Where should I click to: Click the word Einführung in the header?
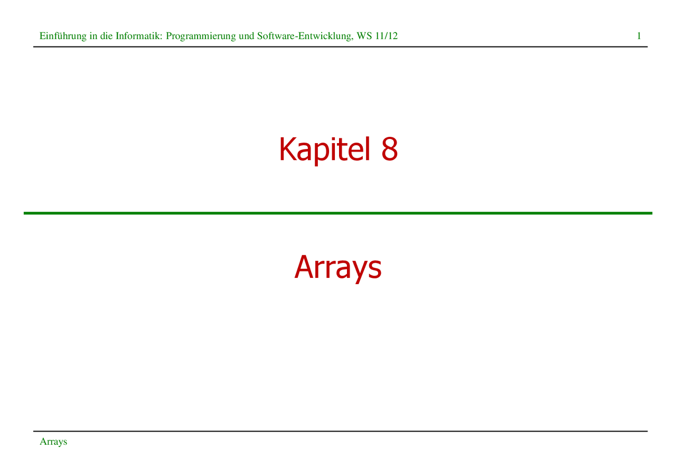63,36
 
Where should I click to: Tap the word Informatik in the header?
139,36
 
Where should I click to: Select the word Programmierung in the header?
201,36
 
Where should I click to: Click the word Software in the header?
276,36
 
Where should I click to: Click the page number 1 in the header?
639,36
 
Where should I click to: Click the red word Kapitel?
324,150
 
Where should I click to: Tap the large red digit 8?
390,148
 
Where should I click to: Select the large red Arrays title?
338,268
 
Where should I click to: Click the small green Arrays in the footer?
53,442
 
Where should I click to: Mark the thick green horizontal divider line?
338,213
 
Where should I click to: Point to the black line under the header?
341,47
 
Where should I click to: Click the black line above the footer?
341,431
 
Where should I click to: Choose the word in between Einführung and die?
93,36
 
